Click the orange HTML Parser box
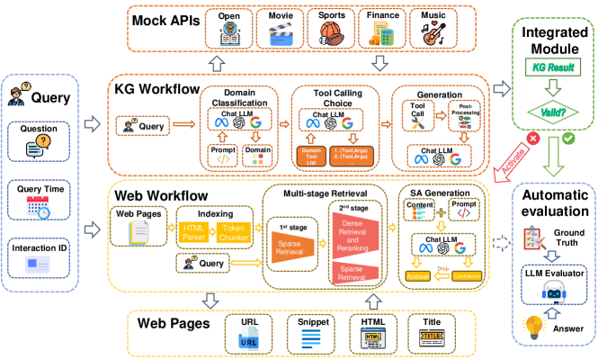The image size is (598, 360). click(194, 233)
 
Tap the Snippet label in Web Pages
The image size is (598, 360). click(313, 321)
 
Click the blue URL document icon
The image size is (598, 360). click(250, 341)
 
